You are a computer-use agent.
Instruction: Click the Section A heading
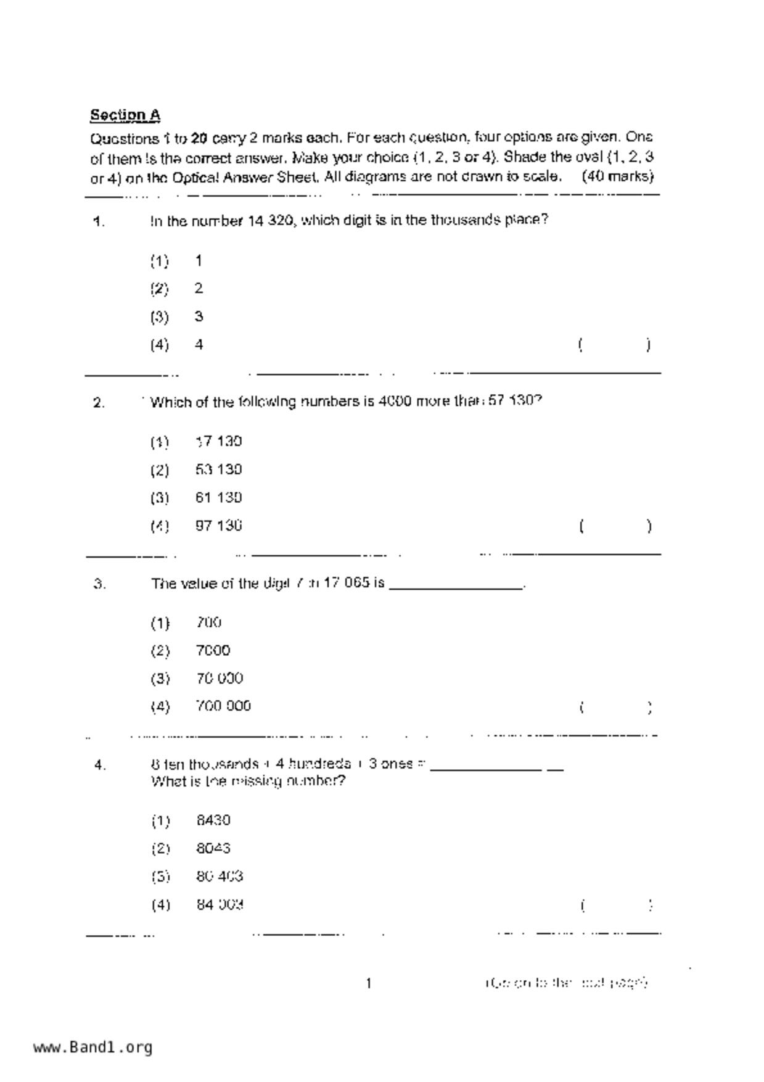(125, 115)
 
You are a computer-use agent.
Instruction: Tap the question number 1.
(99, 222)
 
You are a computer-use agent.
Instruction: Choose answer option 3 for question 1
(199, 316)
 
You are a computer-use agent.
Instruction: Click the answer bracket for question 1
(614, 345)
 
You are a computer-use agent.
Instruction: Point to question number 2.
(99, 403)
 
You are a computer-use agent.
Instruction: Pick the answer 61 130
(218, 497)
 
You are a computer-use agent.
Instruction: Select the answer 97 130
(218, 526)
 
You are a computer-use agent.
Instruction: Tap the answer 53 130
(218, 469)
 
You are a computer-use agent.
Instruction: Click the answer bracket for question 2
(615, 526)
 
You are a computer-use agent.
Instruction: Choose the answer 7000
(213, 650)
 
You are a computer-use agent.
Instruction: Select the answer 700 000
(223, 706)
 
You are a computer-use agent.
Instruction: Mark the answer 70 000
(220, 678)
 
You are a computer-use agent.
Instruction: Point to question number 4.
(100, 766)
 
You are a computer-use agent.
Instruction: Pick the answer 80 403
(220, 876)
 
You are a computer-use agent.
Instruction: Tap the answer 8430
(213, 820)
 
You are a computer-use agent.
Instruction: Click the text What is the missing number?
(248, 782)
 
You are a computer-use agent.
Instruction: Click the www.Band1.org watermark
(93, 1047)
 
